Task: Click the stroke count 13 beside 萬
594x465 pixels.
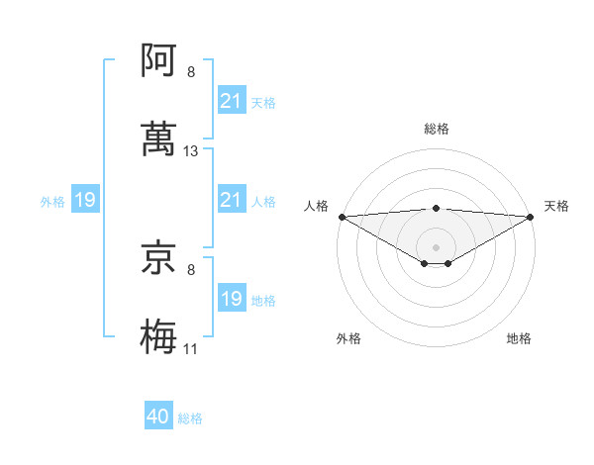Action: pos(191,151)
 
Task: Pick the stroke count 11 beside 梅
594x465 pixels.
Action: pos(191,349)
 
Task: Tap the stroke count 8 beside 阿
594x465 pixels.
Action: pos(191,72)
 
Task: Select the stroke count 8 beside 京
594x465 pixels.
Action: pos(191,268)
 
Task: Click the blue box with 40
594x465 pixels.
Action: pos(158,417)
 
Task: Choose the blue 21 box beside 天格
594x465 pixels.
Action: pos(231,101)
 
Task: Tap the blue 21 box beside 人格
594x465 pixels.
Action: pos(231,201)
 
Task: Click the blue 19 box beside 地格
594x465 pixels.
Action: pos(231,299)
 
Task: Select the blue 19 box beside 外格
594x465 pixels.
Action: pos(85,201)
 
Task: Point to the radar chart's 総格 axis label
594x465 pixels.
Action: pos(437,129)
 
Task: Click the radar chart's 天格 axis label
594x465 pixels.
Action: pos(556,206)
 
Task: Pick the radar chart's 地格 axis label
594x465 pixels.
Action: pos(519,338)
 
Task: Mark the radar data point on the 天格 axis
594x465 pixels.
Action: pos(532,217)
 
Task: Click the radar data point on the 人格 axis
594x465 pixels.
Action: pos(342,217)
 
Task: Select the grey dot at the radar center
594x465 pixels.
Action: pos(437,246)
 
